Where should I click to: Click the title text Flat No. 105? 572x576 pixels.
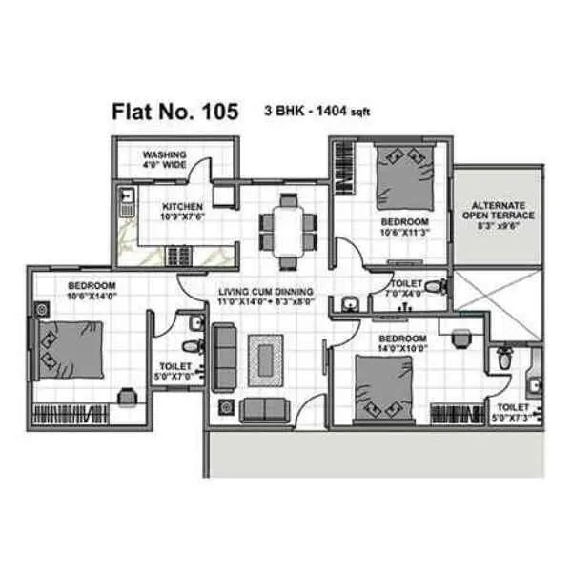coord(174,113)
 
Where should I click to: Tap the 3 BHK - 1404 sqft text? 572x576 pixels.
coord(317,112)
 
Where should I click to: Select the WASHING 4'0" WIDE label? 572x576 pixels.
coord(164,158)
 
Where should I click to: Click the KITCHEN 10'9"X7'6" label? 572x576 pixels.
coord(183,211)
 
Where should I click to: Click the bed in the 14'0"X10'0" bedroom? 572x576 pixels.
coord(385,387)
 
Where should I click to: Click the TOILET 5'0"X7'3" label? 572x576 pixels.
coord(511,411)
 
